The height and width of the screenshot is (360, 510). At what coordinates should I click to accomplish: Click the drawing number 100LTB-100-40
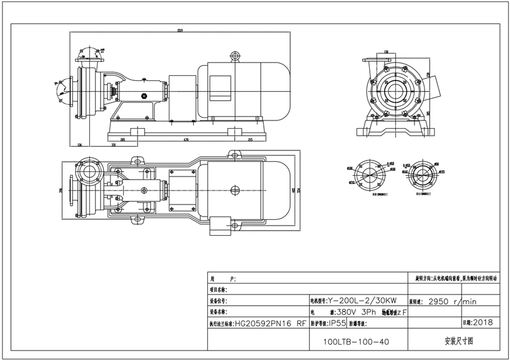(356, 342)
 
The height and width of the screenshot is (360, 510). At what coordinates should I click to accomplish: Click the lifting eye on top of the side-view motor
(234, 56)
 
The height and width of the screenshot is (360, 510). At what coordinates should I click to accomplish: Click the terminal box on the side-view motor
(220, 85)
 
